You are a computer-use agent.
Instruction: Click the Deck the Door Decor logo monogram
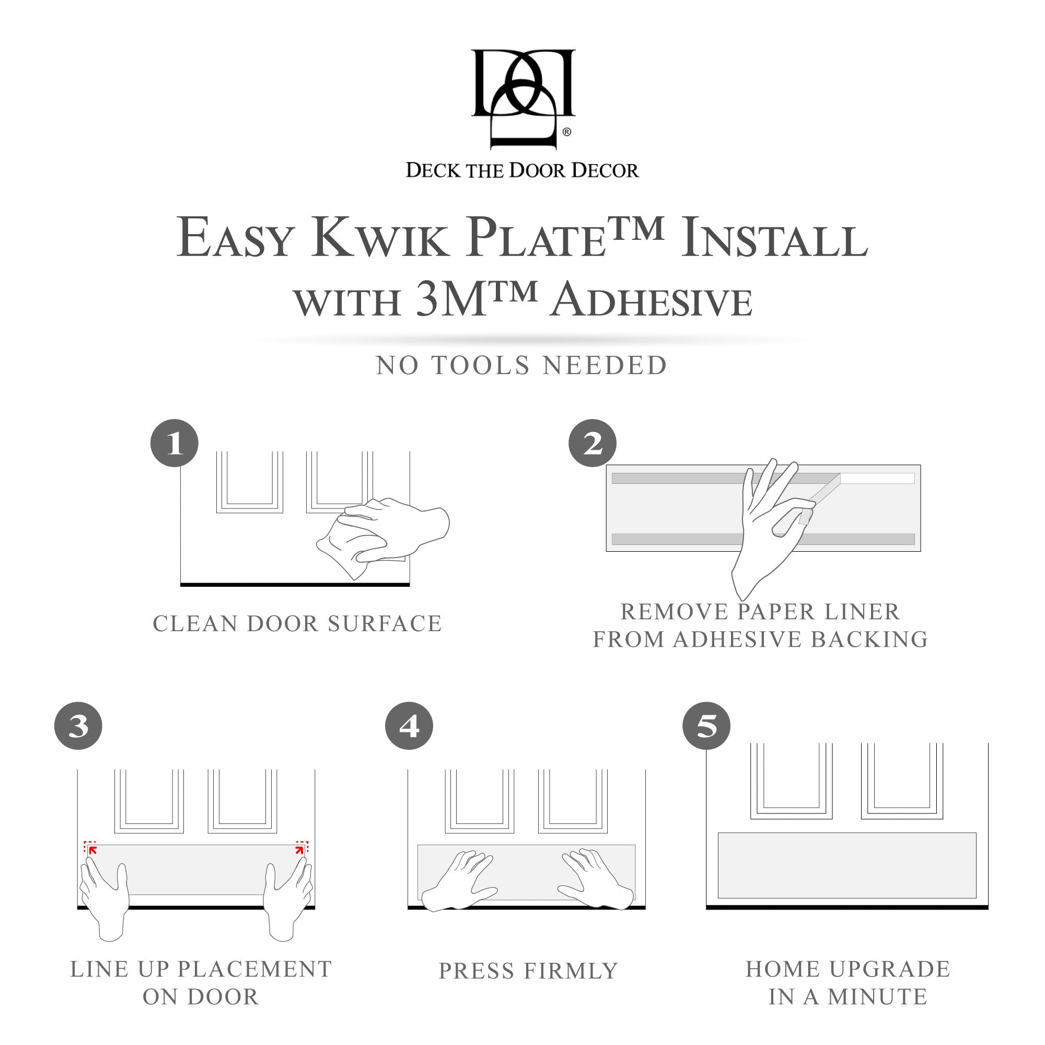[x=522, y=97]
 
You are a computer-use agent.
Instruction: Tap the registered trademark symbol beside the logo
[x=566, y=132]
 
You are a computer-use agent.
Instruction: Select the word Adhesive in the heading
[x=652, y=301]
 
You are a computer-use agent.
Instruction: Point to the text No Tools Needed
[x=521, y=366]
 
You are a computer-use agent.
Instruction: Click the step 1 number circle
[x=174, y=444]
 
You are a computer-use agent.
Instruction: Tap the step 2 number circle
[x=593, y=444]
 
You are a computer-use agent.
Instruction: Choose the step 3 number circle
[x=78, y=726]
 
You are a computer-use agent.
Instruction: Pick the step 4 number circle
[x=409, y=726]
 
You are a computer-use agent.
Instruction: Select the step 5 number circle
[x=706, y=726]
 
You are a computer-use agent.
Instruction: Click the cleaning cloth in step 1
[x=346, y=552]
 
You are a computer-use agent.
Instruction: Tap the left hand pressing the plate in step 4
[x=462, y=879]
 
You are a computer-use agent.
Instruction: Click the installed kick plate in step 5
[x=846, y=865]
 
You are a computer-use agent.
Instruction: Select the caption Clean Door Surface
[x=297, y=624]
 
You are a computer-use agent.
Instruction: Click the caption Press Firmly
[x=528, y=971]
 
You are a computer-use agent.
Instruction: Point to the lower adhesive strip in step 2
[x=676, y=539]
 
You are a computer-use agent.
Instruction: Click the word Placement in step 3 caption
[x=254, y=969]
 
